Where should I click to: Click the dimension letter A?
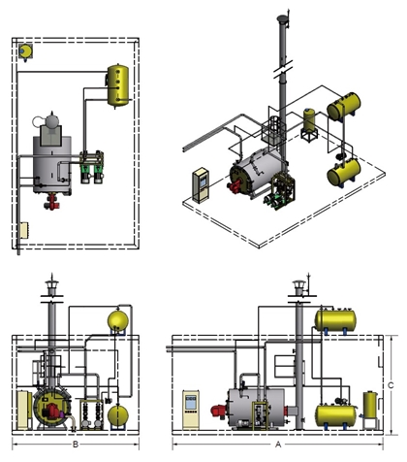[278, 445]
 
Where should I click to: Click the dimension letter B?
[76, 445]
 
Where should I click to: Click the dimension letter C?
[391, 385]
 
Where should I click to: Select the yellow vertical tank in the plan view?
[118, 85]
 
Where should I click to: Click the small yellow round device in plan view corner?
[25, 51]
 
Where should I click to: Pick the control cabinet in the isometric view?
[201, 185]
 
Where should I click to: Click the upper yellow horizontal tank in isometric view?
[344, 106]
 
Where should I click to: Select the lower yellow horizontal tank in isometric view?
[344, 172]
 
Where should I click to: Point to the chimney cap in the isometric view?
[282, 19]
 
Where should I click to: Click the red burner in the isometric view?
[235, 186]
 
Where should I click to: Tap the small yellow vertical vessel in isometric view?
[309, 120]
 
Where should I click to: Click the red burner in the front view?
[51, 412]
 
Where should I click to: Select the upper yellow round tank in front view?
[118, 321]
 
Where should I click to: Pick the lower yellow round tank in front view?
[118, 415]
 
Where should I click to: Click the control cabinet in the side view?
[191, 410]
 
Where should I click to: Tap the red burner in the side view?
[219, 412]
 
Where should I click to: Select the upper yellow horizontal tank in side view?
[335, 320]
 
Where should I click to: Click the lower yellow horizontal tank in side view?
[335, 415]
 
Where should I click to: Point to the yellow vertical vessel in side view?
[370, 405]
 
